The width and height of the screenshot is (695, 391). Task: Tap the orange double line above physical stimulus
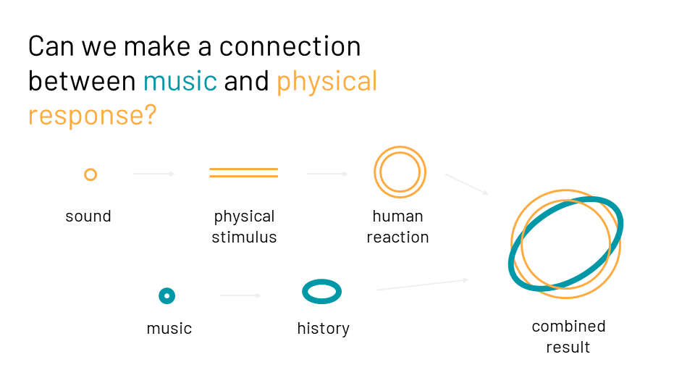point(244,169)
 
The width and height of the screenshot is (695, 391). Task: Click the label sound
point(88,216)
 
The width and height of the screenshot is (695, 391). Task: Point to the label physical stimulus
point(244,227)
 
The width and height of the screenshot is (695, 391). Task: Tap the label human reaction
point(397,227)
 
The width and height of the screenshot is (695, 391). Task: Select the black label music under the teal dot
point(169,329)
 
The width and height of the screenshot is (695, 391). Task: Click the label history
point(323,329)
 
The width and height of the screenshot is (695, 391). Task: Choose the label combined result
point(569,337)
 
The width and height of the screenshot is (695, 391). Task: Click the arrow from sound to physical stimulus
point(154,174)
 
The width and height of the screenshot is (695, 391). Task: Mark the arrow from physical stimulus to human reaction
point(327,174)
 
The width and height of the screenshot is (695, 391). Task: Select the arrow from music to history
point(240,295)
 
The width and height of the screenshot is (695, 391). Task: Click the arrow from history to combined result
point(423,285)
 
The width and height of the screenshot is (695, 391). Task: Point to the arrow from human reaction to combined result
point(467,184)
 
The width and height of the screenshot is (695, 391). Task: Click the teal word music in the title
point(180,81)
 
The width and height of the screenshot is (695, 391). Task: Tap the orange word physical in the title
point(327,82)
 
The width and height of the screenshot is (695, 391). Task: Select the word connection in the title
point(290,46)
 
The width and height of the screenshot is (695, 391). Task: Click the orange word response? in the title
point(92,116)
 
